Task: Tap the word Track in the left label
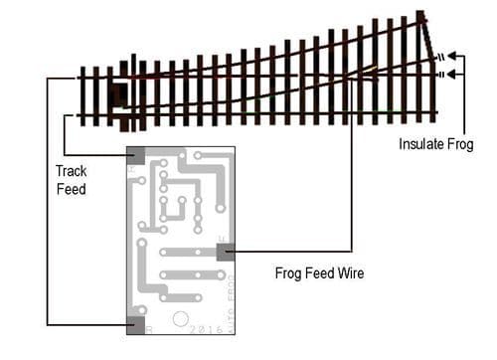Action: pyautogui.click(x=71, y=171)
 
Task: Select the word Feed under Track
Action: pyautogui.click(x=71, y=188)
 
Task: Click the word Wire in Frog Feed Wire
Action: pyautogui.click(x=348, y=271)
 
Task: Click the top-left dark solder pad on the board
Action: pyautogui.click(x=135, y=156)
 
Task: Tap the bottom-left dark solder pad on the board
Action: pyautogui.click(x=135, y=322)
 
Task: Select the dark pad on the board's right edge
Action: pyautogui.click(x=225, y=253)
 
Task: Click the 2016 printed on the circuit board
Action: pyautogui.click(x=208, y=325)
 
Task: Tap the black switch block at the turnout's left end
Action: pyautogui.click(x=122, y=96)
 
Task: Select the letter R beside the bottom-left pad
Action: pyautogui.click(x=149, y=327)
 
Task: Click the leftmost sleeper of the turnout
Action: pyautogui.click(x=83, y=95)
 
